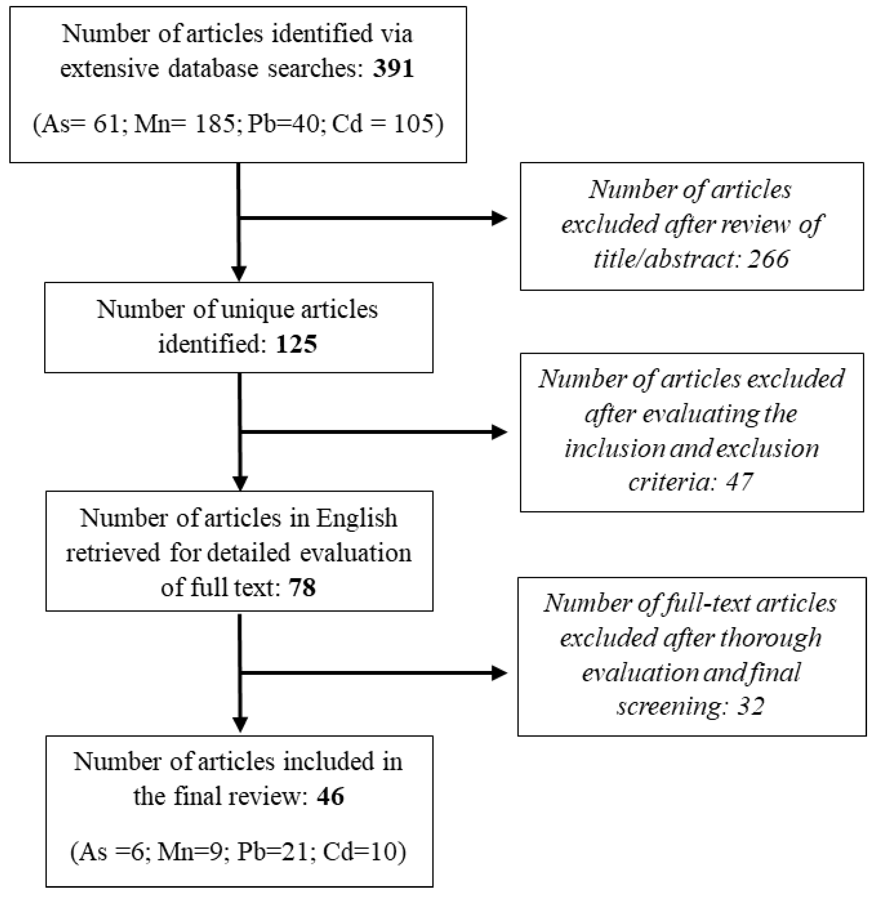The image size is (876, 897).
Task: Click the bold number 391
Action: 393,68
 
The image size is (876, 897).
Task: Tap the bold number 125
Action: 296,344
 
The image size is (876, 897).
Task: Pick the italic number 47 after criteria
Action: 739,482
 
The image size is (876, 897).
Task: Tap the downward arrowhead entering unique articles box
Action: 239,274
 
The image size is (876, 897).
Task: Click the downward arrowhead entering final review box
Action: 240,724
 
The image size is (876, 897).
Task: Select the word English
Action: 356,518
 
